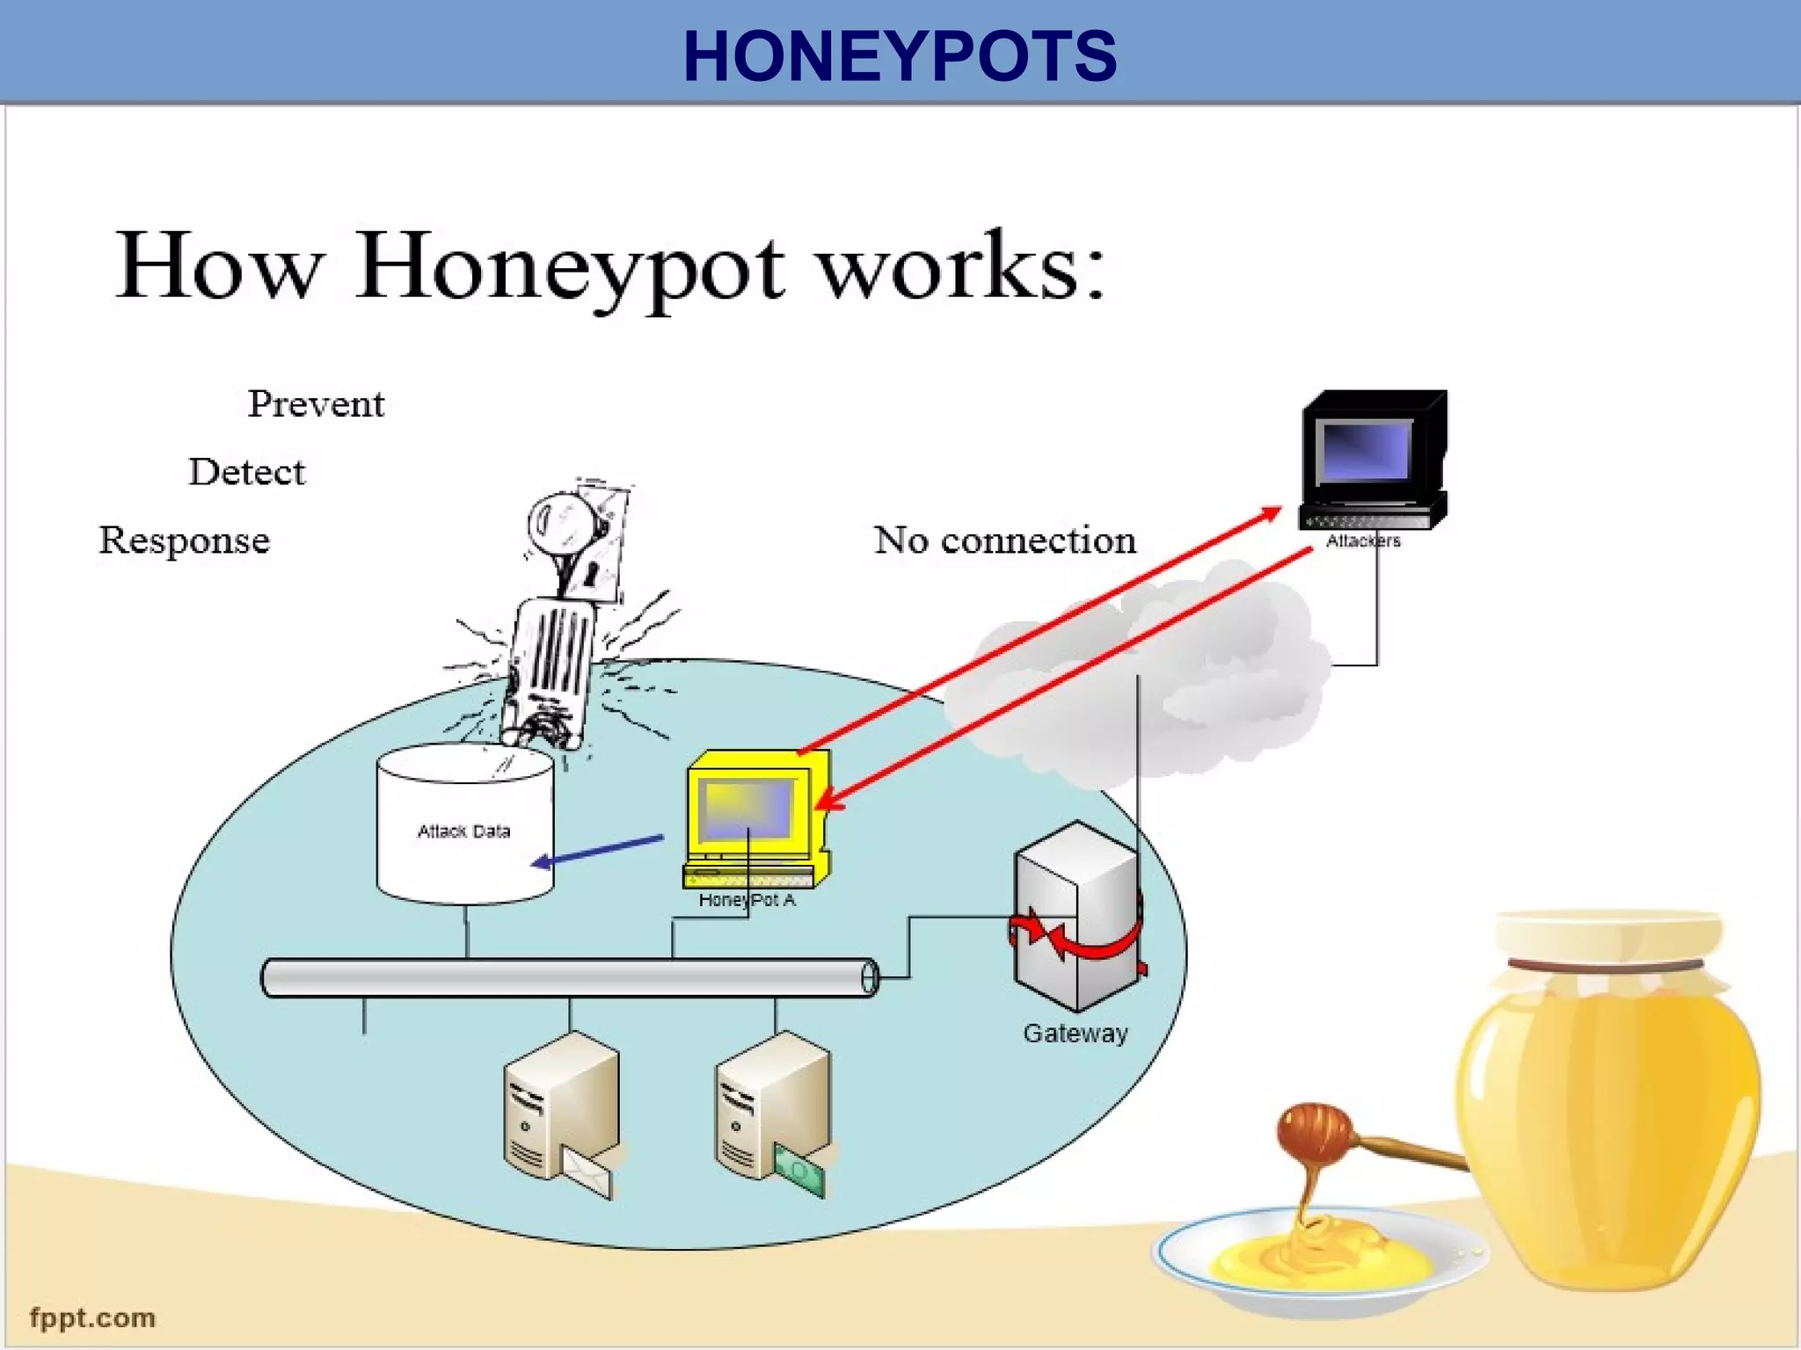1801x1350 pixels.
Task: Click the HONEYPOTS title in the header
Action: point(900,56)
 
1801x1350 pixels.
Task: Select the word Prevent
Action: point(316,404)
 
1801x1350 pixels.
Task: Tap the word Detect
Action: point(247,472)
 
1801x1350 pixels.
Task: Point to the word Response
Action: point(184,540)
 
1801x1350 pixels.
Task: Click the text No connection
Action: point(1004,540)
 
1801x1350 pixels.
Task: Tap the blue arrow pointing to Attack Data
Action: point(598,851)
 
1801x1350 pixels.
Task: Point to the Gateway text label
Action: point(1075,1033)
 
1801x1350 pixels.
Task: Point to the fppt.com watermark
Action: point(92,1317)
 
